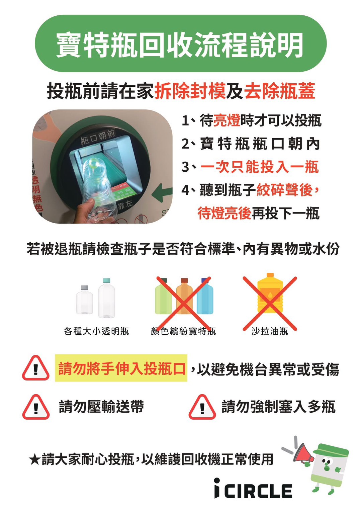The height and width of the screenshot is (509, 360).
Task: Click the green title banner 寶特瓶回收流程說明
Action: click(x=180, y=44)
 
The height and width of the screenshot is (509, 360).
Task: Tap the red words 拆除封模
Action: click(x=190, y=91)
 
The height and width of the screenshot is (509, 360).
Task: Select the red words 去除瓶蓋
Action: click(x=280, y=91)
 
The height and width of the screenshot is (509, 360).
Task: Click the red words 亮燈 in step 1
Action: click(x=227, y=120)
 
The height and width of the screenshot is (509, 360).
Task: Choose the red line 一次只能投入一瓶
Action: click(x=260, y=167)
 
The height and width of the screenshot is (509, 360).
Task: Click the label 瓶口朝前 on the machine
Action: click(x=98, y=137)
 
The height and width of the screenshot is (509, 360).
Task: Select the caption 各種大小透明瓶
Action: click(x=96, y=331)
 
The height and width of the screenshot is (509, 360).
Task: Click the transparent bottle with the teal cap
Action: click(x=106, y=298)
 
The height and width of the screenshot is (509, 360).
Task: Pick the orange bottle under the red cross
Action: click(x=184, y=296)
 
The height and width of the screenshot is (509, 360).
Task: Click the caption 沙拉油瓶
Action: click(x=270, y=331)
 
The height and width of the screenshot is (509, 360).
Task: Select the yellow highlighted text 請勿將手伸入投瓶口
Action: click(x=121, y=368)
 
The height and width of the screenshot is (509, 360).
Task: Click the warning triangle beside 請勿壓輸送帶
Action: click(x=36, y=407)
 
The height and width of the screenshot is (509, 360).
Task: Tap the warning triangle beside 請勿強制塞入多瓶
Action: click(x=202, y=407)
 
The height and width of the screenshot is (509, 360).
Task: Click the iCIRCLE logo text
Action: click(x=253, y=490)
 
